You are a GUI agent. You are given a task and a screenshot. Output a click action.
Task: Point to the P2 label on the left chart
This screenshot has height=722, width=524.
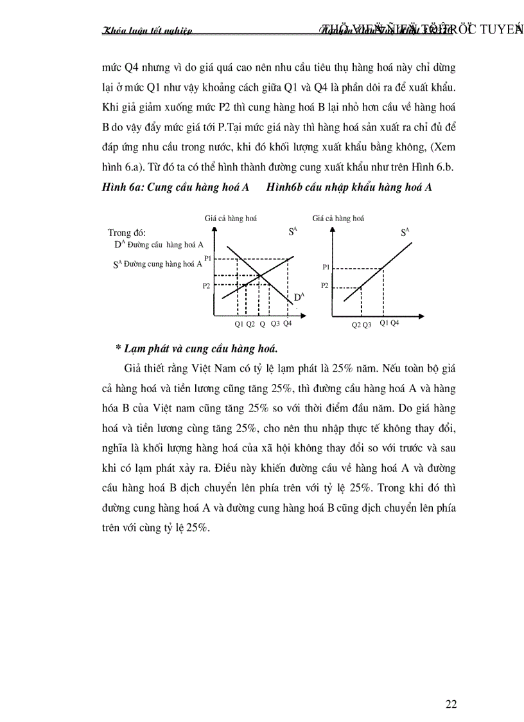[206, 285]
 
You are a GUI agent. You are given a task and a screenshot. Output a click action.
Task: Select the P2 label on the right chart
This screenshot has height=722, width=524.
[326, 285]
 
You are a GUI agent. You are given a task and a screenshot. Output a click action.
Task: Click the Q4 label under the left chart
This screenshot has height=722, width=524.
[287, 323]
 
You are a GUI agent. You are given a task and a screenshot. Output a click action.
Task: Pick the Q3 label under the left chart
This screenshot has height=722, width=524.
[275, 324]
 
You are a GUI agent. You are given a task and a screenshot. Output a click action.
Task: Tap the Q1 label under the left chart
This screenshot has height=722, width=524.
[239, 324]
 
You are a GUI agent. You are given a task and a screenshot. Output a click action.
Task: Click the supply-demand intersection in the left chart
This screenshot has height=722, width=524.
[261, 275]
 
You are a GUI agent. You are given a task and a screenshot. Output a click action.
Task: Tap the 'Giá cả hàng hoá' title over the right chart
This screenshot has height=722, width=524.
[338, 219]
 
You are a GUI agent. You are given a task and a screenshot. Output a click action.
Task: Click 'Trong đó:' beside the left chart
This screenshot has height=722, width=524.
[127, 232]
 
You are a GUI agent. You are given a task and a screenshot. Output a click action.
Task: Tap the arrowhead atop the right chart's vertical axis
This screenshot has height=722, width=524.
[331, 228]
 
